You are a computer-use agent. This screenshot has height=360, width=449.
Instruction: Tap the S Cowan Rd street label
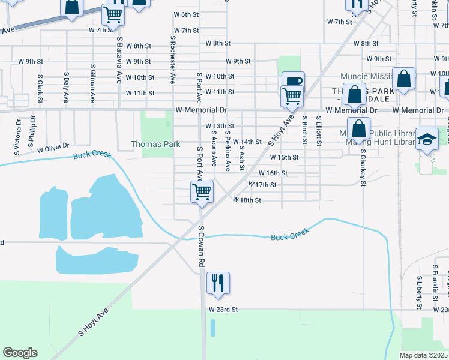point(202,247)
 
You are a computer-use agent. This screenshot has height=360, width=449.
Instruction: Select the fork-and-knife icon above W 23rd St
point(217,283)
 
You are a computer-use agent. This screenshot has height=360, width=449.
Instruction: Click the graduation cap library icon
point(427,139)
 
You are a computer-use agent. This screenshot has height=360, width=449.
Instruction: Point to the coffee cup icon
point(293,82)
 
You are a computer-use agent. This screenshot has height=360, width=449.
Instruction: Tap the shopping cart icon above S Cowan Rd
point(202,192)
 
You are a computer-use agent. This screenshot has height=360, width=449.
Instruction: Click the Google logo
point(20,353)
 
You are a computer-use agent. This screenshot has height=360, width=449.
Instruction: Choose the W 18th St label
point(247,200)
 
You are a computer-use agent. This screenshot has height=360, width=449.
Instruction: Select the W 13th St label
point(219,126)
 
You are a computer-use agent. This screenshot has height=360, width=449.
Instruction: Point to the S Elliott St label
point(319,131)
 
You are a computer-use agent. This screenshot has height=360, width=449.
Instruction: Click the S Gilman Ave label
point(92,84)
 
